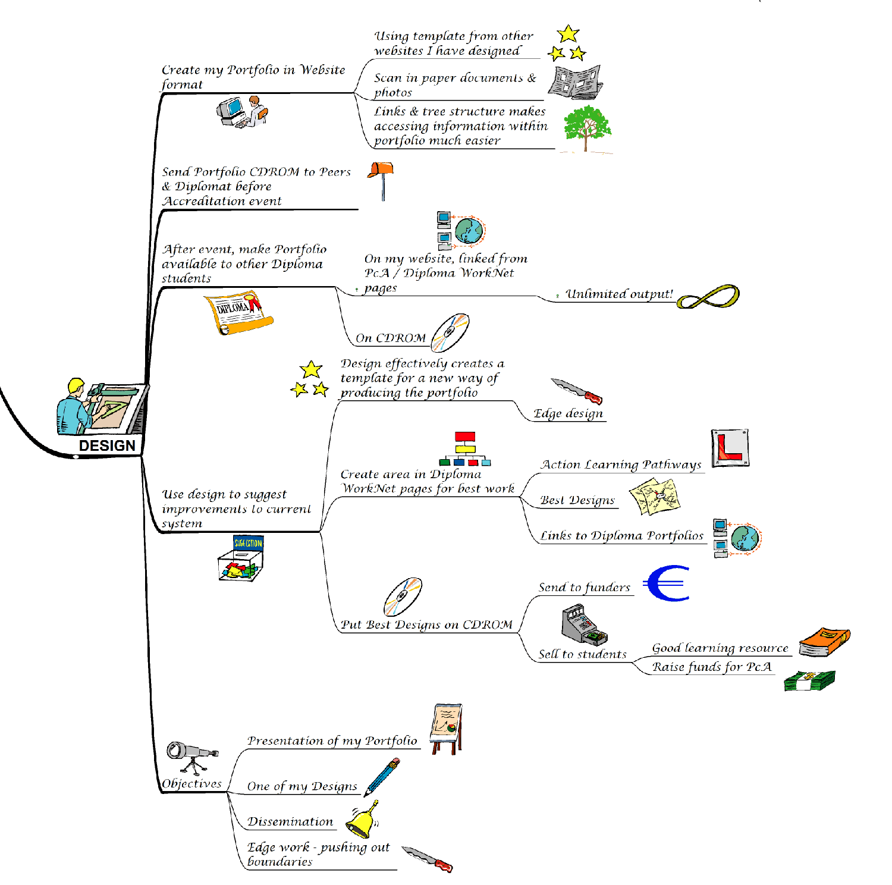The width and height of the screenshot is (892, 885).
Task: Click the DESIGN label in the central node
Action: (107, 445)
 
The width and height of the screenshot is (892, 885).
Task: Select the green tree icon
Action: (587, 127)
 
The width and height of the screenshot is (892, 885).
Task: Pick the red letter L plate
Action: (730, 448)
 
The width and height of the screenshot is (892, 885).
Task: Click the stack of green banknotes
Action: (809, 680)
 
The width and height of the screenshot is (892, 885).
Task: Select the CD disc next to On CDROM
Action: (450, 332)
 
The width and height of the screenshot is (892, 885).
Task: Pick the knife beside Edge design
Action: (576, 391)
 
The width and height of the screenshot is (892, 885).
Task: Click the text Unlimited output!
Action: (619, 294)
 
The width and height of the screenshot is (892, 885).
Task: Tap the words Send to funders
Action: (584, 588)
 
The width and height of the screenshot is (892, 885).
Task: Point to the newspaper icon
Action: (575, 82)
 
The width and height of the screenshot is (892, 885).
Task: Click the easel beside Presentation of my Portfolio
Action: (447, 728)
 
